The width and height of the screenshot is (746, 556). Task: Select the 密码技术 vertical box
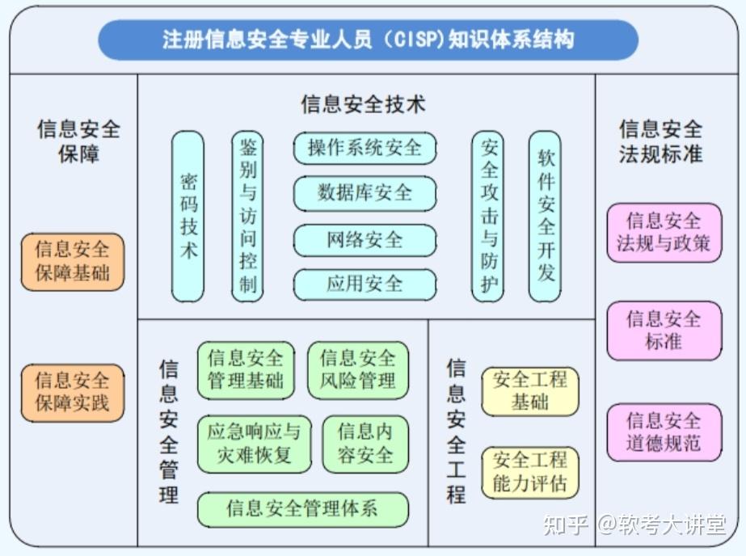click(188, 217)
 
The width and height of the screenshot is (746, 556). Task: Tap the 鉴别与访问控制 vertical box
click(247, 217)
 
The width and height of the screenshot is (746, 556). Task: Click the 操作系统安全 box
click(365, 148)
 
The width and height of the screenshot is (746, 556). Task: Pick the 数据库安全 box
click(365, 193)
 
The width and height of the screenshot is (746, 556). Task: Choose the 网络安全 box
click(365, 240)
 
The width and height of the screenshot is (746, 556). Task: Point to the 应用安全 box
click(365, 284)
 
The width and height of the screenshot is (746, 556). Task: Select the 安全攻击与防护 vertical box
click(488, 217)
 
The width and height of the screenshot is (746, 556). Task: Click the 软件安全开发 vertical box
click(546, 217)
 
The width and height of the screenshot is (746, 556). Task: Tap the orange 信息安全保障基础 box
click(73, 262)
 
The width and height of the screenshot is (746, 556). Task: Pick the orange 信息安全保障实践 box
click(73, 392)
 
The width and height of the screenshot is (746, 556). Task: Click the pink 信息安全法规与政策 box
click(664, 232)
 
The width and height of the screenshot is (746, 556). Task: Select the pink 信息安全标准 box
click(664, 330)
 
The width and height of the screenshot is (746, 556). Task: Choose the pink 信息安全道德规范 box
click(664, 432)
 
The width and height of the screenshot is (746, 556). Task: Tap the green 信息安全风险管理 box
click(358, 369)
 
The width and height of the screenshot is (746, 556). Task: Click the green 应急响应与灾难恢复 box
click(254, 444)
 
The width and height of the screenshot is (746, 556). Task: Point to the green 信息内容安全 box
click(365, 444)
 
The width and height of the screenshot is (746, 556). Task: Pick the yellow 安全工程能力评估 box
click(530, 473)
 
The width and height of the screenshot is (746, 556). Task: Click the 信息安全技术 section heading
click(363, 104)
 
